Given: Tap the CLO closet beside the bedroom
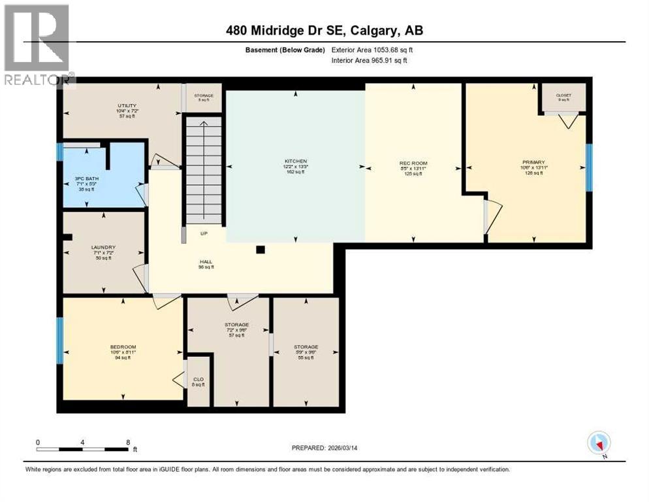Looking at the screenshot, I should (198, 381).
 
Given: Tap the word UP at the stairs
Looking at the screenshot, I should (204, 233).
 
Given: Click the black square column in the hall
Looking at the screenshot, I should (261, 249).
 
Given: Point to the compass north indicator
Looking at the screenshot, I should (598, 444).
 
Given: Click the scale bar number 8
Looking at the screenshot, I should (127, 442).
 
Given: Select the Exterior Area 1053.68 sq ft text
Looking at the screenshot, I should (372, 50).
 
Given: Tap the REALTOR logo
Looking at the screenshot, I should (37, 43).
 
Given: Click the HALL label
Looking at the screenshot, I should (206, 262).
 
